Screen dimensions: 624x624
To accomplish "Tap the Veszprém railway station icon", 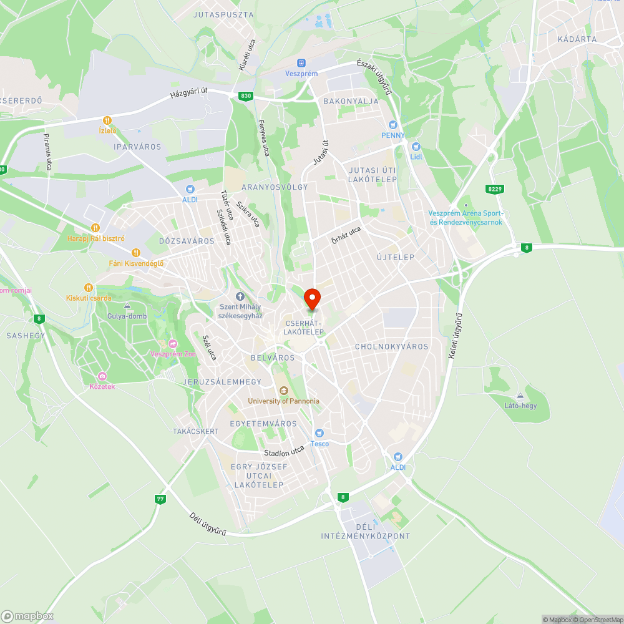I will coord(301,63).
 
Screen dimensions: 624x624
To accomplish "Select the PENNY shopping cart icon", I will coord(393,125).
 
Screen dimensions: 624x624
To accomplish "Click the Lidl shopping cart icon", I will coord(416,146).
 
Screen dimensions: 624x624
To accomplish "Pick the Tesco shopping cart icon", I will coord(319,433).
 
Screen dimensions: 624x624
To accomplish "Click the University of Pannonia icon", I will coord(283,391).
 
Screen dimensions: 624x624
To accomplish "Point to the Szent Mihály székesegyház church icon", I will coord(240,296).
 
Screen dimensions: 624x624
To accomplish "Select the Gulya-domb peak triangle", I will coord(127,306).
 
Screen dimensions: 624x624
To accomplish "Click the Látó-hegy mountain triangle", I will coord(520,396).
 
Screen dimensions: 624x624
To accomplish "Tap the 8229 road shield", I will coord(495,188).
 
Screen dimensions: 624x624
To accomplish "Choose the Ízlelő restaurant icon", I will coord(108,120).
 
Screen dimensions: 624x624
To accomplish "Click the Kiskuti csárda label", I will coord(89,298).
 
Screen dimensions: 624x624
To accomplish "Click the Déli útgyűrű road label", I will coord(207,524).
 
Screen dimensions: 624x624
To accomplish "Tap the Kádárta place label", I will coord(577,39).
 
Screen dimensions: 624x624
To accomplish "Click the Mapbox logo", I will coord(27,616).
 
